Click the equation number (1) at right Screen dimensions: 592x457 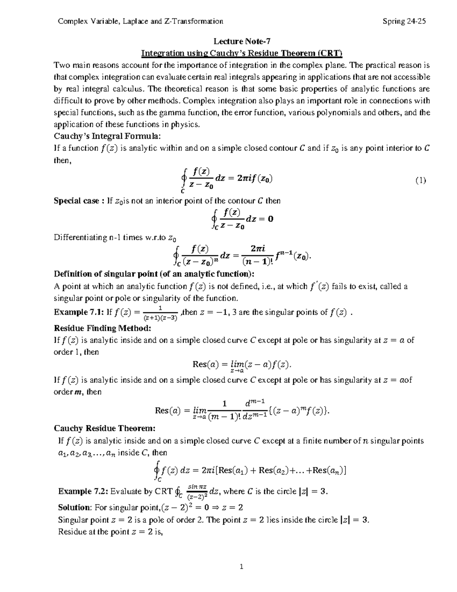(420, 181)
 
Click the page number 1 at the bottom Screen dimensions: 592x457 (241, 566)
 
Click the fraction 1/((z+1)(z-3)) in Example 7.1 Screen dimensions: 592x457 (160, 313)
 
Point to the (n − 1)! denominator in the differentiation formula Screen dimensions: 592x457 (257, 262)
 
